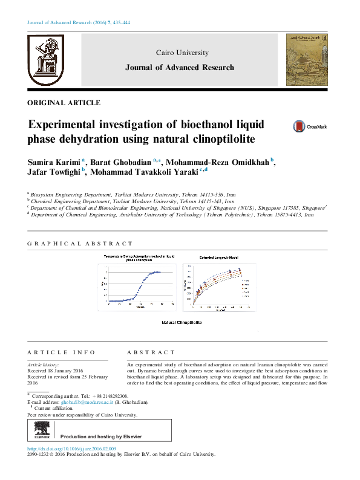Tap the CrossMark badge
pos(310,127)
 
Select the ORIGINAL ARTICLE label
pos(64,103)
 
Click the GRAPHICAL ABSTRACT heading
pos(80,244)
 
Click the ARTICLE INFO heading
pos(62,352)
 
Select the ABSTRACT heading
pos(151,352)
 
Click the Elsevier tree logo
pos(42,432)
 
